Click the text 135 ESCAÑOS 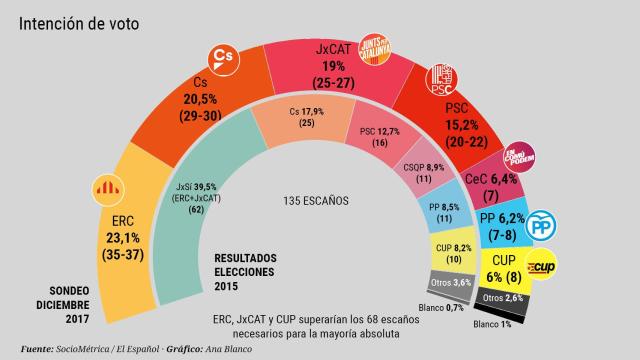(315, 199)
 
